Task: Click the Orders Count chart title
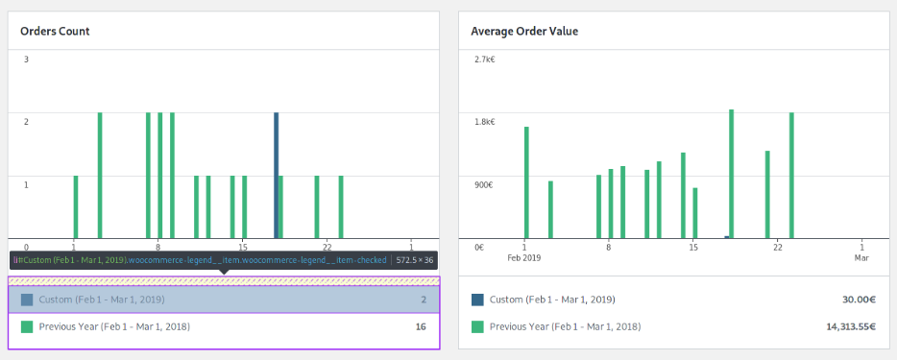coord(55,31)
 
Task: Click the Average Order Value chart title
coord(524,31)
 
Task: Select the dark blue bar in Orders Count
coord(276,175)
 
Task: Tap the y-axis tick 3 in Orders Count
coord(26,60)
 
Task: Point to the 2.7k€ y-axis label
coord(483,60)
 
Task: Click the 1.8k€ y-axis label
coord(483,122)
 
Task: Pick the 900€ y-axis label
coord(483,184)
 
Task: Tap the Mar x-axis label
coord(861,258)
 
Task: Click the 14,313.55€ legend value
coord(849,326)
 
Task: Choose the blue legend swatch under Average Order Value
coord(477,300)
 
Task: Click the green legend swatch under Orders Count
coord(27,326)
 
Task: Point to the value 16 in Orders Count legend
coord(420,326)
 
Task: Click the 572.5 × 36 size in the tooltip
coord(415,259)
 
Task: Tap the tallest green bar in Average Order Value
coord(731,173)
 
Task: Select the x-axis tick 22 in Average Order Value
coord(776,246)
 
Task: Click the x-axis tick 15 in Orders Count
coord(243,246)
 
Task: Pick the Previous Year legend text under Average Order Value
coord(565,326)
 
